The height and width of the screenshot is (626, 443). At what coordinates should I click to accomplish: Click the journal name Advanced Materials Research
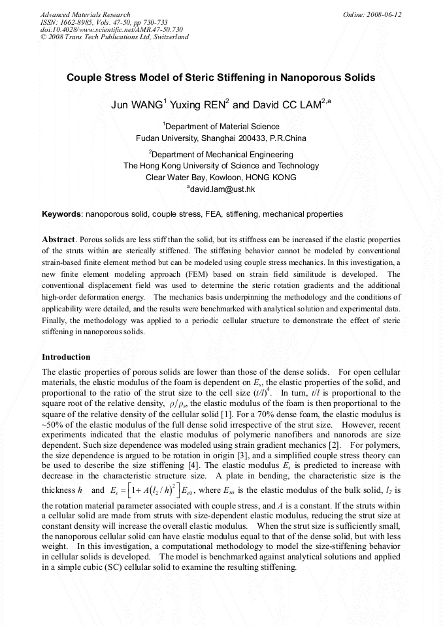[x=85, y=14]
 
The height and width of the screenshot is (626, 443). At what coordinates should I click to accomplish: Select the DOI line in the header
[x=111, y=29]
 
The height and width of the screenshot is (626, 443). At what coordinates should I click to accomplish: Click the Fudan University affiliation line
[x=221, y=138]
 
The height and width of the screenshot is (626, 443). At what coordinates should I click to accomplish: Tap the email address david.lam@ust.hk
[x=223, y=189]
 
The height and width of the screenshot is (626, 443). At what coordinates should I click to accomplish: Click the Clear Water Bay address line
[x=221, y=177]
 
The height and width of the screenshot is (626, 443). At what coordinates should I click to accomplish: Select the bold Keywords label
[x=61, y=213]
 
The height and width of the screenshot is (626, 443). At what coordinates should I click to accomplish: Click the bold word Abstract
[x=59, y=239]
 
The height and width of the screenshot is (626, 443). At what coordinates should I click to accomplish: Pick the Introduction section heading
[x=66, y=357]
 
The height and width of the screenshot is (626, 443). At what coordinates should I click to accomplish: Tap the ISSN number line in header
[x=103, y=22]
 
